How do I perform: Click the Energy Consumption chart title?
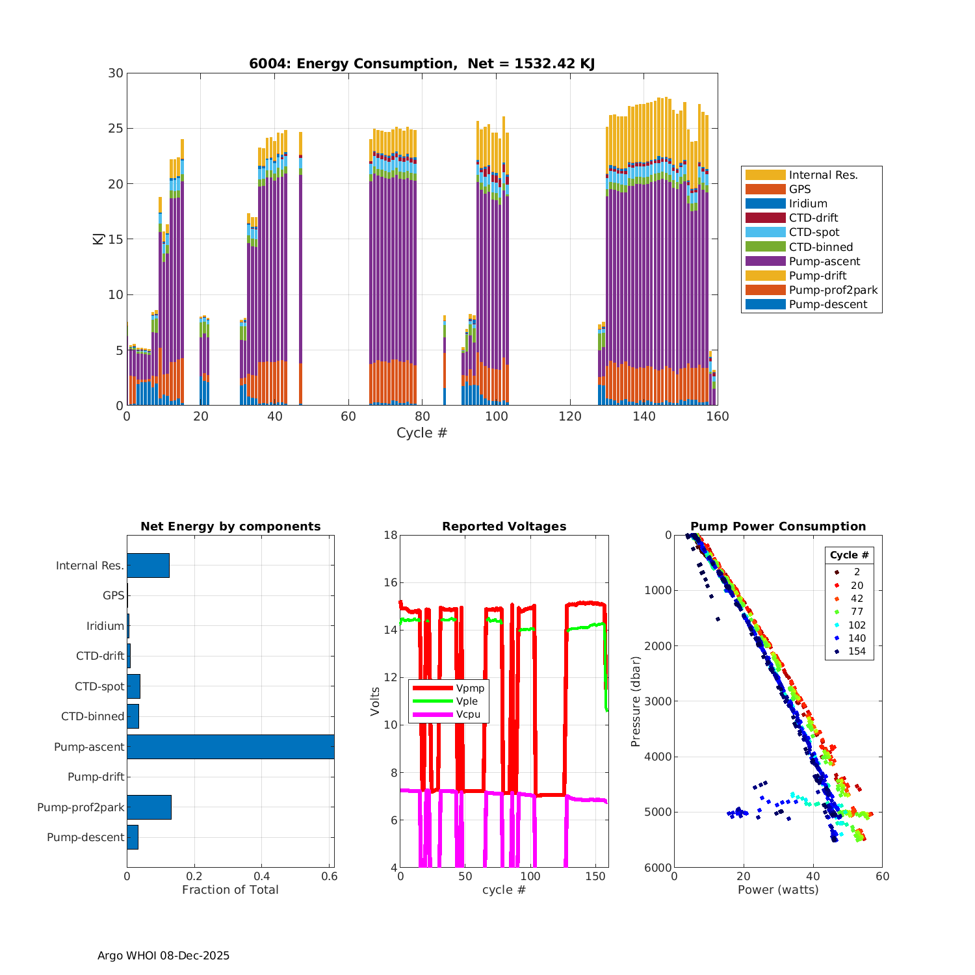pyautogui.click(x=422, y=64)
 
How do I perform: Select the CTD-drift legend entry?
pyautogui.click(x=813, y=218)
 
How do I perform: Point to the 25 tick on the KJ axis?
pyautogui.click(x=116, y=129)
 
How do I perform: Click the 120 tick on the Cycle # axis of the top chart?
pyautogui.click(x=570, y=417)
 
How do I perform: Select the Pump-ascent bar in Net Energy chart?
pyautogui.click(x=230, y=747)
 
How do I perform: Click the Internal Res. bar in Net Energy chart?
pyautogui.click(x=148, y=565)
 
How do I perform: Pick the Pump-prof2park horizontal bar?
pyautogui.click(x=149, y=807)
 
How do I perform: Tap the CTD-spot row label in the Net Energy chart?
pyautogui.click(x=99, y=686)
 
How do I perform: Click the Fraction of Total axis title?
pyautogui.click(x=230, y=890)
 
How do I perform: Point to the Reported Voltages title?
pyautogui.click(x=504, y=526)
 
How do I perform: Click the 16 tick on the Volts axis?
pyautogui.click(x=390, y=582)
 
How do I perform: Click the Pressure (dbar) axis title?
pyautogui.click(x=636, y=701)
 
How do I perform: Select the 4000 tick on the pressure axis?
pyautogui.click(x=658, y=757)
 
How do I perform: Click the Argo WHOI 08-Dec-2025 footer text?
pyautogui.click(x=163, y=955)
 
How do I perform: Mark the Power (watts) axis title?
pyautogui.click(x=778, y=890)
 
